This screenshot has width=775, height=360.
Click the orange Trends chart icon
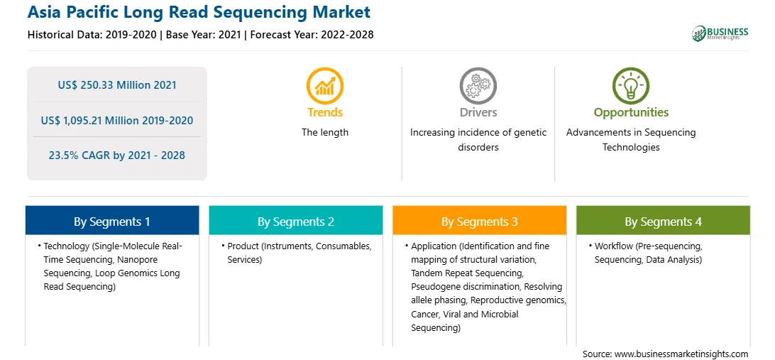(325, 85)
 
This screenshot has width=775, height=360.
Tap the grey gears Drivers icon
(478, 85)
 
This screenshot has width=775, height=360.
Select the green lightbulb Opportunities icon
(631, 85)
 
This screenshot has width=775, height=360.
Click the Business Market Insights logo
(720, 33)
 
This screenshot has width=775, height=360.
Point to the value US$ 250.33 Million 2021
(117, 85)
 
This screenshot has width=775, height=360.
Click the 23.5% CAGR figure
(116, 156)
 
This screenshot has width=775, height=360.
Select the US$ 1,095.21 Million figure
(117, 120)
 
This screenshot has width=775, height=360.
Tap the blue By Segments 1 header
(112, 221)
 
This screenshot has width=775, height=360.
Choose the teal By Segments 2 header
(295, 221)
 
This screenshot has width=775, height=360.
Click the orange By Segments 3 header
(480, 221)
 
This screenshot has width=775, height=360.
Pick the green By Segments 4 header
(664, 221)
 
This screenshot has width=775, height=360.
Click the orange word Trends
(325, 113)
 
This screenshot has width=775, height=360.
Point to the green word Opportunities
(631, 113)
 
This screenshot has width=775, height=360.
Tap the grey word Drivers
(478, 113)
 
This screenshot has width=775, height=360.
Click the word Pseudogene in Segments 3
(432, 287)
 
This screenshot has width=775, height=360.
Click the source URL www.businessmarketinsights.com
(681, 354)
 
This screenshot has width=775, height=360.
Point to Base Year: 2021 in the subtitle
(203, 35)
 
